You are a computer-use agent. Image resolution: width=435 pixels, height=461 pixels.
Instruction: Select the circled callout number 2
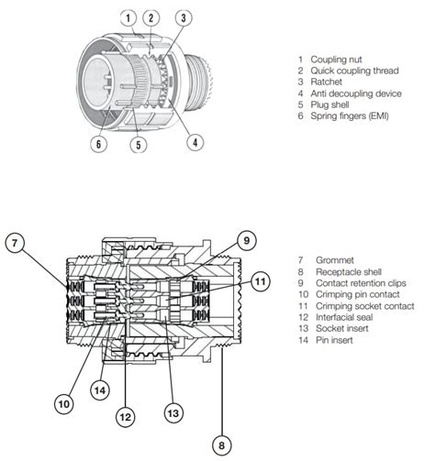tap(151, 17)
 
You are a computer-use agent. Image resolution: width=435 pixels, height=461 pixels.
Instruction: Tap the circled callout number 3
tap(184, 17)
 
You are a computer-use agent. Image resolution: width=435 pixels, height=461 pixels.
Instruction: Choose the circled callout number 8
tap(220, 446)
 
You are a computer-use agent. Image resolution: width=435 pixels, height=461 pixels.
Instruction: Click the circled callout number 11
tap(261, 281)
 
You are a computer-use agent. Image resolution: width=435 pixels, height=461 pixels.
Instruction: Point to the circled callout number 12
tap(127, 415)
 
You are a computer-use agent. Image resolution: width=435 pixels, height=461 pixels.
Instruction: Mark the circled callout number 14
tap(100, 388)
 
